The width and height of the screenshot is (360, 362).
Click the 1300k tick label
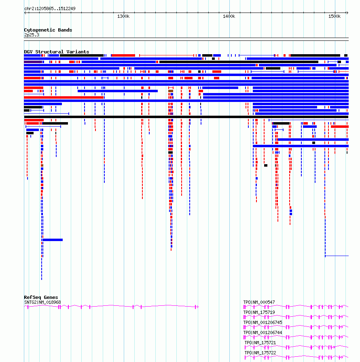tap(123, 17)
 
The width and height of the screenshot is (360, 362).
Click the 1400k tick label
tap(229, 17)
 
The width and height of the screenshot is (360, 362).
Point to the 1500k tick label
tap(335, 17)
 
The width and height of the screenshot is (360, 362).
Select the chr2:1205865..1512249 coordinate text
tap(50, 8)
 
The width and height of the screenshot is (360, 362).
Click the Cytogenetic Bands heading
tap(48, 30)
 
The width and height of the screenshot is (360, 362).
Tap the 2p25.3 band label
tap(32, 35)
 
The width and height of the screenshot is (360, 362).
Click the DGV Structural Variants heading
tap(57, 52)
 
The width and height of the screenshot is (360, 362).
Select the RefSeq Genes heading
tap(41, 297)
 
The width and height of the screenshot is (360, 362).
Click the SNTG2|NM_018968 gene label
tap(42, 302)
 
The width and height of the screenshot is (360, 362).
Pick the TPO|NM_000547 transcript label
tap(259, 302)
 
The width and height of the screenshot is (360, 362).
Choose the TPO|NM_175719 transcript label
tap(259, 312)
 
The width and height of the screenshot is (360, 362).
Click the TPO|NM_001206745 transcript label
tap(263, 322)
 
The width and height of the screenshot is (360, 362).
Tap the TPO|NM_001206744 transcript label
tap(263, 333)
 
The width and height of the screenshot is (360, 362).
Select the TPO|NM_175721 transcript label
tap(260, 343)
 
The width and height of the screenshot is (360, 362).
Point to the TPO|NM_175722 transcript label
tap(260, 353)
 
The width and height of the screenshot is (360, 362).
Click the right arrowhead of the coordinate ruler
tap(347, 13)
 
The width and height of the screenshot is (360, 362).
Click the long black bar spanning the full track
tap(186, 117)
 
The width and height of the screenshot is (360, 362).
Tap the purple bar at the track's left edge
tap(33, 62)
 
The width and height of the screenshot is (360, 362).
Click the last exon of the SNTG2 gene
tap(196, 307)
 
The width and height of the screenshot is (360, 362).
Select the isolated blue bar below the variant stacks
tap(53, 240)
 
